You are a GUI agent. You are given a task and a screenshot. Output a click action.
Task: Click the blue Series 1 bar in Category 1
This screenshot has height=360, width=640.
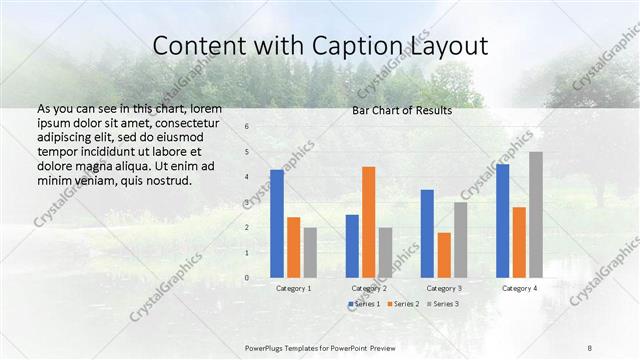click(277, 224)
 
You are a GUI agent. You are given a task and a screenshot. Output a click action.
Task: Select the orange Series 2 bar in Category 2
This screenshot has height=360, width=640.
click(368, 222)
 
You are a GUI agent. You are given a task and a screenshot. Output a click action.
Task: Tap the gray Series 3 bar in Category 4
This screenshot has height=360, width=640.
click(536, 215)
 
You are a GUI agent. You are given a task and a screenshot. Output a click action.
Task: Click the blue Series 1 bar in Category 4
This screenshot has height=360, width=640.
click(502, 221)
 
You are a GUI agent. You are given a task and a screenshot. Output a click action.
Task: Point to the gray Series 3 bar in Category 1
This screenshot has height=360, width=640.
click(310, 252)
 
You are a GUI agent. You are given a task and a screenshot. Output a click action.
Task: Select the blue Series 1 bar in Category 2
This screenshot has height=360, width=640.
click(352, 246)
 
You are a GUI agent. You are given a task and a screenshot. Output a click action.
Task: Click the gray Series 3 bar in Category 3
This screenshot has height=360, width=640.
click(461, 240)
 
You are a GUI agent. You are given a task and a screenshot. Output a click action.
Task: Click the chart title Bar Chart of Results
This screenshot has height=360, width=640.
click(402, 110)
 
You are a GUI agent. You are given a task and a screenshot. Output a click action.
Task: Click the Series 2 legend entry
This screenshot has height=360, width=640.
click(402, 303)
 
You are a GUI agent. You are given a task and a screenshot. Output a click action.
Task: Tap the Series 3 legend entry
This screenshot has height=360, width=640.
click(442, 303)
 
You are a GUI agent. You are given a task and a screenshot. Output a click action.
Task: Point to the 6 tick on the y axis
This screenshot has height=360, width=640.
click(247, 127)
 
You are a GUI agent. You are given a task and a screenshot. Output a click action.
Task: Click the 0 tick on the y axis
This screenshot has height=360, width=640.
click(247, 278)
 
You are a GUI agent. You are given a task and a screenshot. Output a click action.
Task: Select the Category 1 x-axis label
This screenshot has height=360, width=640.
click(293, 288)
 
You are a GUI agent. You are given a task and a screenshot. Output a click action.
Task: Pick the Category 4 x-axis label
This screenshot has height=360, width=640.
click(518, 288)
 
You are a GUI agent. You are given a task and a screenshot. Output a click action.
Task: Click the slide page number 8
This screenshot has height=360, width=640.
click(590, 347)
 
